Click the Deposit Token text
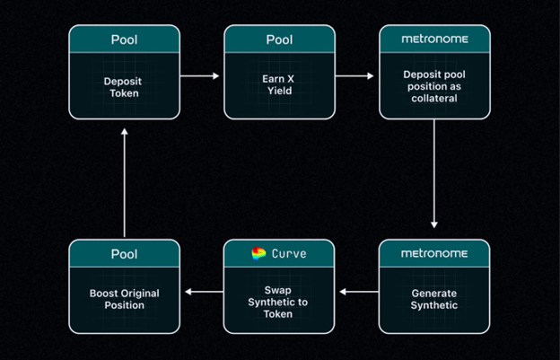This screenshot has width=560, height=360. [124, 87]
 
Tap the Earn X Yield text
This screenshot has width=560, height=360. [278, 84]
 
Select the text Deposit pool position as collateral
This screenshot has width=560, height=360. [434, 86]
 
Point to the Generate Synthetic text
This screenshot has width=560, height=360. [434, 299]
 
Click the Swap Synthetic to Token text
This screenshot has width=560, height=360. [278, 303]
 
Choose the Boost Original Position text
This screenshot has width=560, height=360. [124, 299]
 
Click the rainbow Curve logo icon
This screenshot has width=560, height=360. [258, 253]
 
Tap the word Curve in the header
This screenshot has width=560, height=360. [289, 253]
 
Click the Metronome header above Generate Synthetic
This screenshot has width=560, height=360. [434, 253]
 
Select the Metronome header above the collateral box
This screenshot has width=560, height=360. [434, 39]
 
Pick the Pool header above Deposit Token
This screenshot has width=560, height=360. [124, 40]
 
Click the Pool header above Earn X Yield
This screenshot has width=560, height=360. [279, 40]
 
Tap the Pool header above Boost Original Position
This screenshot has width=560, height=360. [124, 254]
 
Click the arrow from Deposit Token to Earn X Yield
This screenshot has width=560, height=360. [199, 75]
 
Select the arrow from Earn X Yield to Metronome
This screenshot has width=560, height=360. [354, 75]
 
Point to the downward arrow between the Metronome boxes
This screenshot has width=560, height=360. [434, 173]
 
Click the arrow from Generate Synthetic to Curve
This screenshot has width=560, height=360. [359, 292]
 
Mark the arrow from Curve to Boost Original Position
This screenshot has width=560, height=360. [205, 292]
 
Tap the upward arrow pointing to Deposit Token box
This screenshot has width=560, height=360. [124, 183]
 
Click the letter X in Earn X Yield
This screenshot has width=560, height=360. [290, 79]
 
